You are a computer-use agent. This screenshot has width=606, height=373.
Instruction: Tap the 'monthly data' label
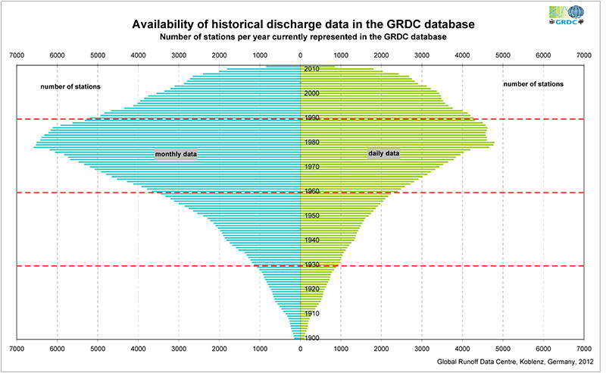[176, 155]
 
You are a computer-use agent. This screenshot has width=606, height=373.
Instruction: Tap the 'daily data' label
[383, 153]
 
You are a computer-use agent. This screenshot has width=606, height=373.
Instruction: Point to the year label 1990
[311, 118]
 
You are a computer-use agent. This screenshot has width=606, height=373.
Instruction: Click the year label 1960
[311, 192]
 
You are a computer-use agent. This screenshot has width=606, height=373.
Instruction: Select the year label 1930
[311, 265]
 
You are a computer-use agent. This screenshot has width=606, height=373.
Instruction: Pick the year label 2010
[311, 69]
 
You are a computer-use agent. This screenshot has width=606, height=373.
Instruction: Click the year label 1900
[311, 338]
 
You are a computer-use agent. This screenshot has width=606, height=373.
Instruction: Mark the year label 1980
[311, 143]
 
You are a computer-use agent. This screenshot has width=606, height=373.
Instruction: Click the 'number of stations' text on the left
[70, 86]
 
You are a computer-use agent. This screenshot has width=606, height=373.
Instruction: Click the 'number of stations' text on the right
[533, 83]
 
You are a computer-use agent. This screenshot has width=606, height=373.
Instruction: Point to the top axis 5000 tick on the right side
[502, 55]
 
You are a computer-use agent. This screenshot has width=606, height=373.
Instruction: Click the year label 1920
[311, 289]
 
